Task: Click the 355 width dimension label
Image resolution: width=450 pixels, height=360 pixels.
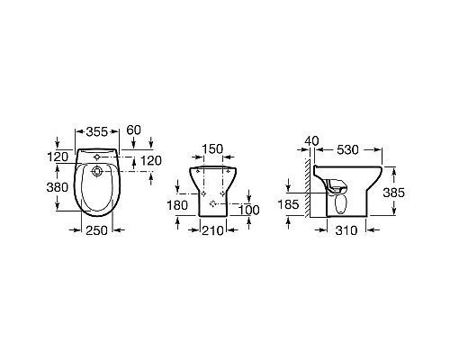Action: click(96, 131)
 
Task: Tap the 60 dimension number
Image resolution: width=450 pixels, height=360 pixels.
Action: click(133, 130)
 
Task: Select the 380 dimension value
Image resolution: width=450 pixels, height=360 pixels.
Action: click(58, 187)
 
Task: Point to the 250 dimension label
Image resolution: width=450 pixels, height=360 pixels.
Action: click(96, 230)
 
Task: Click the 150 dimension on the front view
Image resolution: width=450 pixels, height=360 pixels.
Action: click(212, 148)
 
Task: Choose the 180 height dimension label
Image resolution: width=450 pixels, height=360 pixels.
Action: click(177, 205)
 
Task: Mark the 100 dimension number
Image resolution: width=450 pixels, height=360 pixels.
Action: click(249, 210)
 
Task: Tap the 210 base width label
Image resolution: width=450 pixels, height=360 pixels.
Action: click(212, 230)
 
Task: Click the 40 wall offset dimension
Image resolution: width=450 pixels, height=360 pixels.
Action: click(311, 140)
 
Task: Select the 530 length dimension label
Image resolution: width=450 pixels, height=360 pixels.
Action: click(347, 149)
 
